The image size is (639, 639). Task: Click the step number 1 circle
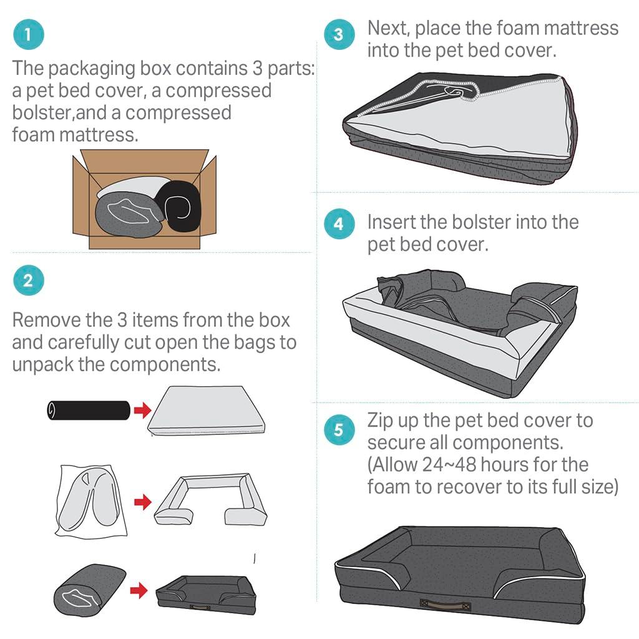tap(29, 35)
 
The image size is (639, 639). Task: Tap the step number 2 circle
tap(28, 280)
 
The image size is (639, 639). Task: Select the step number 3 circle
tap(338, 34)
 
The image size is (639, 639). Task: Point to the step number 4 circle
tap(338, 223)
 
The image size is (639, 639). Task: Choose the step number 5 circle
tap(338, 431)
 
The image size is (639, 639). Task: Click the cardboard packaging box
tap(144, 198)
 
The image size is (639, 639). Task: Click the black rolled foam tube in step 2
tap(87, 410)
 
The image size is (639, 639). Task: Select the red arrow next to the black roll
tap(143, 410)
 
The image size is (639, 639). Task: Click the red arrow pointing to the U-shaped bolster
tap(143, 501)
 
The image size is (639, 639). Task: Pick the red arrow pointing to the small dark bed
tap(139, 588)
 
